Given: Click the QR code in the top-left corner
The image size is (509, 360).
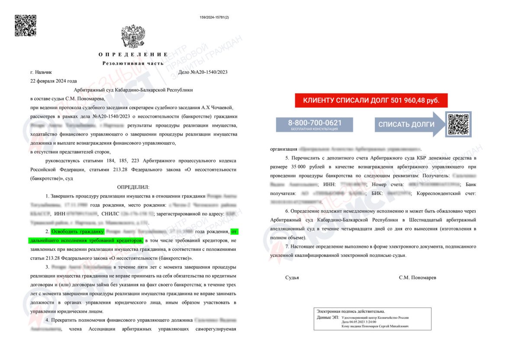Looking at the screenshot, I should [x=26, y=26].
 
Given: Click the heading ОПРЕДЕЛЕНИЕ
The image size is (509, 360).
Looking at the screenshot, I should [x=133, y=55].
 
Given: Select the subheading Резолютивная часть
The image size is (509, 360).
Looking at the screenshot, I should [x=133, y=63].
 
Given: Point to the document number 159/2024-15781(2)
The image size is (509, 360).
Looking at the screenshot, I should [x=214, y=17].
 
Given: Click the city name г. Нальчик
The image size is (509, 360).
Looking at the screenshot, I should [x=41, y=72].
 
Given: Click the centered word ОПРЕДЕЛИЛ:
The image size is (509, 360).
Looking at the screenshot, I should [x=133, y=187].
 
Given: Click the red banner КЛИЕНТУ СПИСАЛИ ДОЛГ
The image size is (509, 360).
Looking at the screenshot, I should [x=371, y=101].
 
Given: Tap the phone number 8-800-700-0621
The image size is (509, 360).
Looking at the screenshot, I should [x=315, y=123].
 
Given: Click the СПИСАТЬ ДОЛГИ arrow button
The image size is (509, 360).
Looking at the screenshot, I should [x=407, y=124].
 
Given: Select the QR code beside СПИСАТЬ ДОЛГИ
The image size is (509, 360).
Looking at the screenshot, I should [x=458, y=124].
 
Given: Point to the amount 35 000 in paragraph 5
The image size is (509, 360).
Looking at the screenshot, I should [x=298, y=166].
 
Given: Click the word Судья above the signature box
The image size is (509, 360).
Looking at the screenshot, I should [x=292, y=277].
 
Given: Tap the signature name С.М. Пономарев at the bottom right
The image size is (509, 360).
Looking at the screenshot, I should [x=418, y=277].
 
